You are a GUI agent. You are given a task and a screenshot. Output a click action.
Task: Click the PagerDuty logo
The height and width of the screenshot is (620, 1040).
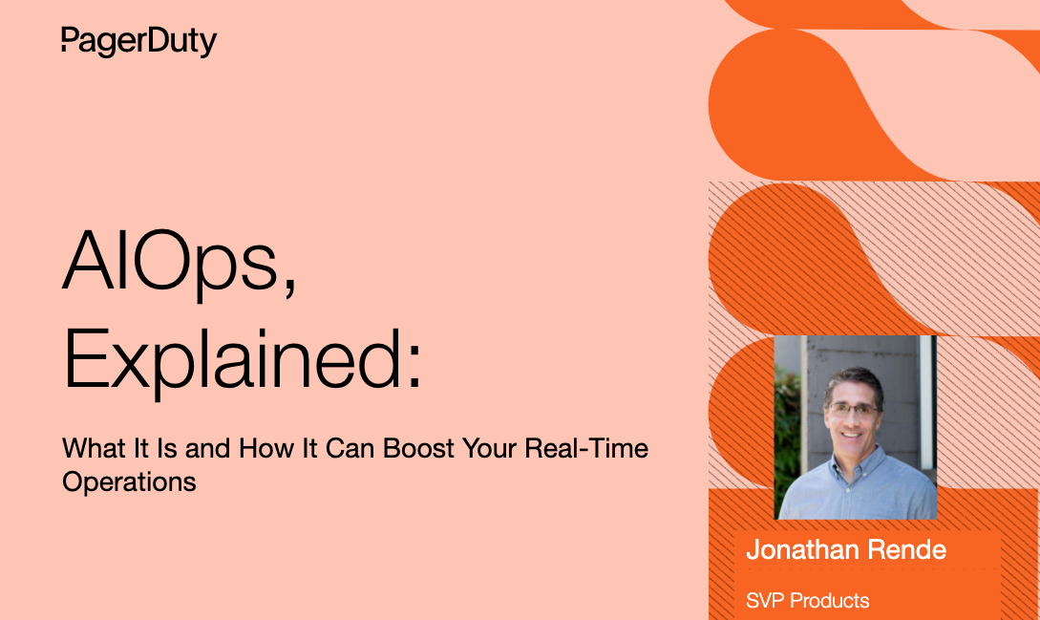tap(139, 42)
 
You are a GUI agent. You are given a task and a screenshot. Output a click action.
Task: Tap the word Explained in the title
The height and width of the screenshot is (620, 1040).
tap(231, 360)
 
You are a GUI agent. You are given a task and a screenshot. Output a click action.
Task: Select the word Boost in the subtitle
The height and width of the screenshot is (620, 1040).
tap(418, 449)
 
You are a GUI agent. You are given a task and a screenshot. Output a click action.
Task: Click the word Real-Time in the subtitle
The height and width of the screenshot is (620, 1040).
tap(586, 449)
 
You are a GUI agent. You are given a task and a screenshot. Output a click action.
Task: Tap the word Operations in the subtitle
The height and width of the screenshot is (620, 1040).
tap(129, 482)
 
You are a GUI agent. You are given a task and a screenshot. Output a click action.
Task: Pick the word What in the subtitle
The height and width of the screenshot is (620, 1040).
tap(95, 449)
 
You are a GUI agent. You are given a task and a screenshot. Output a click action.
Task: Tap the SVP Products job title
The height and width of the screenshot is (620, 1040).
tap(807, 601)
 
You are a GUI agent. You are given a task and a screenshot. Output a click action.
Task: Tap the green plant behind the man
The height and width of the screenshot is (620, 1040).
tap(787, 432)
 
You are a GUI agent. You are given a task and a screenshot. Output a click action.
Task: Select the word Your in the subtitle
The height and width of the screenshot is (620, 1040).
tap(490, 449)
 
